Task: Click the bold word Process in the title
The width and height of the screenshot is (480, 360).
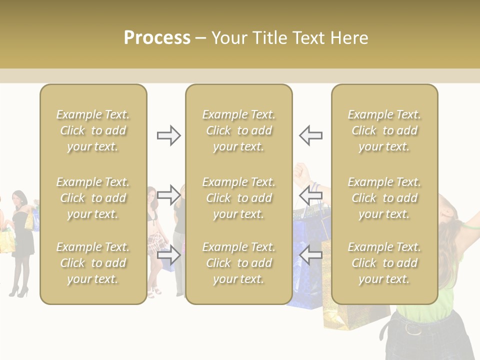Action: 157,38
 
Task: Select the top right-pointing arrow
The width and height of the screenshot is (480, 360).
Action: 168,135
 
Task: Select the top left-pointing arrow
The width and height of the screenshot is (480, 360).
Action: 310,135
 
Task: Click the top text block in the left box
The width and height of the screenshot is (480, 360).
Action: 93,130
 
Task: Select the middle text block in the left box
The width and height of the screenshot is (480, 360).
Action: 93,198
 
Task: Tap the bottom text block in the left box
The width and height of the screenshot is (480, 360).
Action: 93,263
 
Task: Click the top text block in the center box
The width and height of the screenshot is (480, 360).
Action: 238,130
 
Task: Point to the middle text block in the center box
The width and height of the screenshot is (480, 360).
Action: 238,198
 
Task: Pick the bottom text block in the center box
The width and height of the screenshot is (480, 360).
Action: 238,263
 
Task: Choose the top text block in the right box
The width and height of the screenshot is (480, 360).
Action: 384,130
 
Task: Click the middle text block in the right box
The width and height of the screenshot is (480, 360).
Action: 384,198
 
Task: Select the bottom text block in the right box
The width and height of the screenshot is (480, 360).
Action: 384,263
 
